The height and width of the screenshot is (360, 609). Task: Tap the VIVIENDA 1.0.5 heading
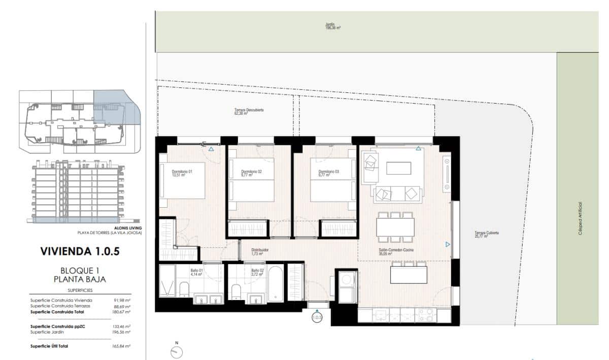coord(79,251)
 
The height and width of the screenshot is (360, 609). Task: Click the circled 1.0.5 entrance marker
coord(317,318)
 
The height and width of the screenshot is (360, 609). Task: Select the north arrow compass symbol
coord(177,351)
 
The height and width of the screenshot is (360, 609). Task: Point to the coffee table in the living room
coord(400,168)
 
